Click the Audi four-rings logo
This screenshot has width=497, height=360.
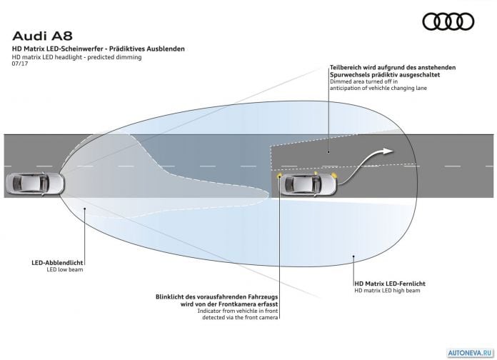448,21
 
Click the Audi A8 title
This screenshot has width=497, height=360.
42,36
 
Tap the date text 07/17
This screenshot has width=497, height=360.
20,64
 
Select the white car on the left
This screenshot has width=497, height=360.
35,184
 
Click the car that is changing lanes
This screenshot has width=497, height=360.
308,184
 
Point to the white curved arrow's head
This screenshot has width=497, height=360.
388,151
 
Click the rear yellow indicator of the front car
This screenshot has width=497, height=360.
279,176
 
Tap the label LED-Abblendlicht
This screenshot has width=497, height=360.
57,263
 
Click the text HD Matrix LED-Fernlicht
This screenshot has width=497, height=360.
390,284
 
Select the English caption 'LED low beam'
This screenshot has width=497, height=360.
65,269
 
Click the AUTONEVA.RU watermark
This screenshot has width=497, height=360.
470,353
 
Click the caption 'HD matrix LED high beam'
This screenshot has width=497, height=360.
387,291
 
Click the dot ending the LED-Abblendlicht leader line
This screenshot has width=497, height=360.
85,209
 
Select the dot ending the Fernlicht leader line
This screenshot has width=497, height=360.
353,256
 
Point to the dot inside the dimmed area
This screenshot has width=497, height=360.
328,152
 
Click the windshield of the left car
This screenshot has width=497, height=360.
44,184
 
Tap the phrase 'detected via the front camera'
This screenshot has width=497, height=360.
240,317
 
